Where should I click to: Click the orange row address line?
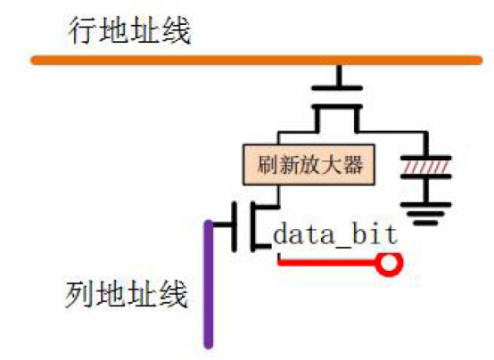point(256,61)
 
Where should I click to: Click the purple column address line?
point(209,284)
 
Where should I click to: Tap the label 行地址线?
point(129,31)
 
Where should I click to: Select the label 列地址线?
point(127,294)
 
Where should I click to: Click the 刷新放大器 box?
point(309,165)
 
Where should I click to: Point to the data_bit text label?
point(335,234)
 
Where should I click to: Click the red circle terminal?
point(389,264)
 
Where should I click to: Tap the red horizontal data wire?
point(327,262)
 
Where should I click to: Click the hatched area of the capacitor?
point(425,168)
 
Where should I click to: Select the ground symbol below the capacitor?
point(426,214)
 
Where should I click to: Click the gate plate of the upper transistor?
point(337,88)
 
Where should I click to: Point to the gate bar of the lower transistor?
point(235,226)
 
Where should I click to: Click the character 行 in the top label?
point(82,31)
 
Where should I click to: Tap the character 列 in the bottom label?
point(79,294)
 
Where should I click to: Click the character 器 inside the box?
point(353,165)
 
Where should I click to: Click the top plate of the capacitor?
point(426,158)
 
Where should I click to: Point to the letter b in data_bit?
point(359,234)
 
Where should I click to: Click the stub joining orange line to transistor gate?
point(339,75)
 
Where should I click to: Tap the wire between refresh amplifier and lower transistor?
point(278,196)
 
